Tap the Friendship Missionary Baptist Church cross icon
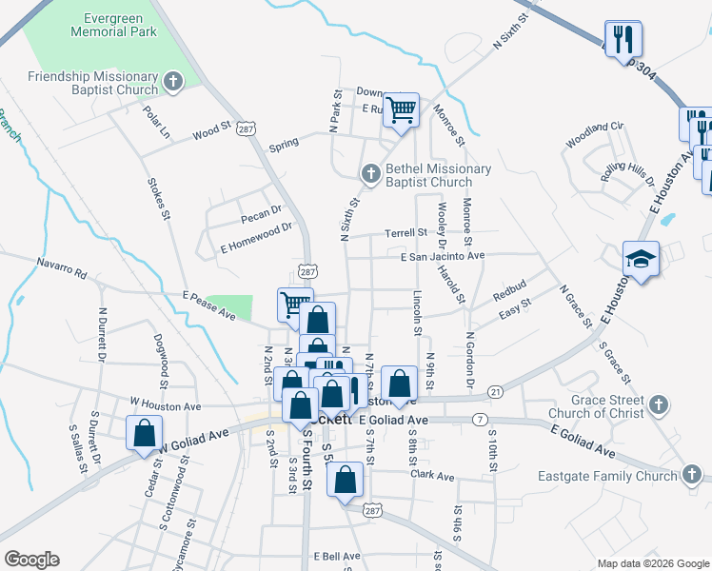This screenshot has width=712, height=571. click(x=172, y=83)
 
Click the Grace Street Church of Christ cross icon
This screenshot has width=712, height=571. click(x=656, y=406)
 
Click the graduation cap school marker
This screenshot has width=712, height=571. click(x=641, y=259)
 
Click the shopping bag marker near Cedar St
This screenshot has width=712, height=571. click(x=144, y=431)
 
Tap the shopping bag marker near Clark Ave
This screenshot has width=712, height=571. click(x=346, y=479)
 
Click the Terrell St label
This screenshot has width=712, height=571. click(x=405, y=232)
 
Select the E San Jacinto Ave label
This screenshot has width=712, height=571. click(x=442, y=256)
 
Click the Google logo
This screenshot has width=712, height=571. click(x=31, y=560)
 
